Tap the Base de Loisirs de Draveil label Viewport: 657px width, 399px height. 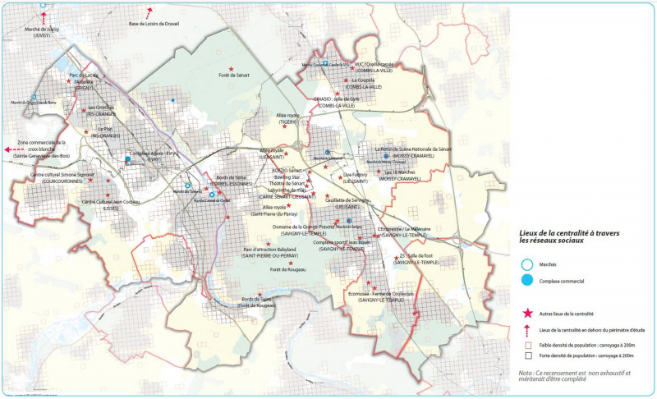click(x=154, y=24)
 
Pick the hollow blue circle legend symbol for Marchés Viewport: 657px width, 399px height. click(x=526, y=265)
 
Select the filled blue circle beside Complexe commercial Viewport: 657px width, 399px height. click(x=526, y=281)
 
